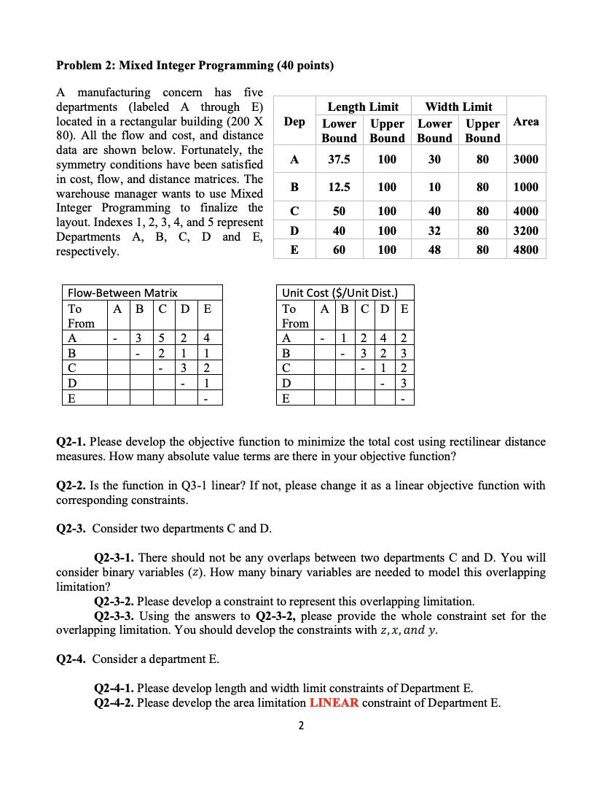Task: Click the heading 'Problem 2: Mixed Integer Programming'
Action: tap(195, 66)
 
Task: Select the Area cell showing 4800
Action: tap(525, 249)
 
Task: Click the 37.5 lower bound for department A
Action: tap(339, 159)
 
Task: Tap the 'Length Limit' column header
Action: tap(363, 106)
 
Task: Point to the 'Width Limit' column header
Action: tap(458, 106)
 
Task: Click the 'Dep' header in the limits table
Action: tap(294, 122)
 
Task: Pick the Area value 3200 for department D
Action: tap(525, 230)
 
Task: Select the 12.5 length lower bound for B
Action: tap(339, 187)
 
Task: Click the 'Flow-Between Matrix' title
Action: tap(122, 292)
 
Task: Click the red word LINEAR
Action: tap(334, 703)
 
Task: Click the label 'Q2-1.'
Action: tap(72, 442)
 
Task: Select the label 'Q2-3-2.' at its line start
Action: tap(114, 602)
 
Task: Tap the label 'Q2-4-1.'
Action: tap(114, 689)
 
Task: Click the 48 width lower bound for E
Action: tap(434, 249)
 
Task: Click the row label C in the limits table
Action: tap(294, 211)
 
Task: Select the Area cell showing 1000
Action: tap(525, 187)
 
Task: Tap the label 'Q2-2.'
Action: tap(72, 486)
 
